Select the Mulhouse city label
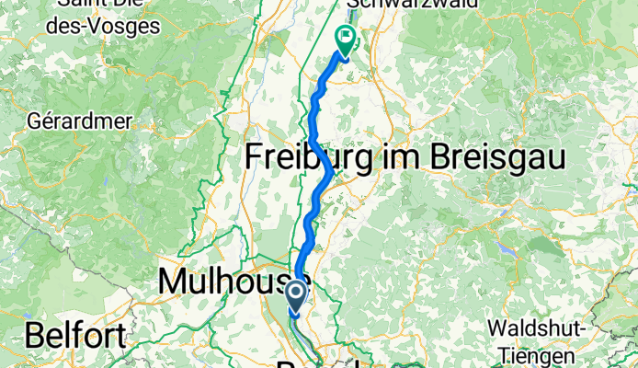pos(234,282)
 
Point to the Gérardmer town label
pos(80,121)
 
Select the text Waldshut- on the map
pos(534,328)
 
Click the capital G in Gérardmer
pos(34,121)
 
